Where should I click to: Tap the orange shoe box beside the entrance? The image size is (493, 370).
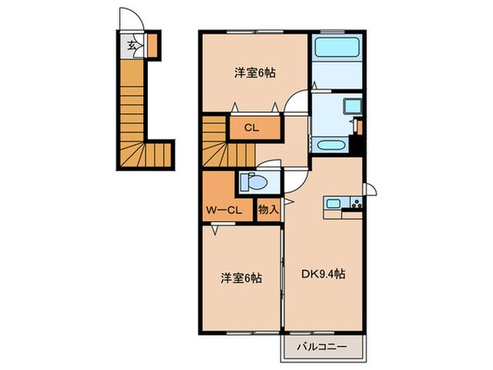(151, 42)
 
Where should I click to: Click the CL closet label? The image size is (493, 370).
(252, 128)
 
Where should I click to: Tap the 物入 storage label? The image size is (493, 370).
(269, 209)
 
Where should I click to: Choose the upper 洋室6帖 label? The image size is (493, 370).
(254, 73)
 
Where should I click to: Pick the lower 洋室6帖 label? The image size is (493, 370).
(241, 278)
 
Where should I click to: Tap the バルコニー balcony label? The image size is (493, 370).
(322, 349)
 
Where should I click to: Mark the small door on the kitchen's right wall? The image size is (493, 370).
(371, 192)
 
